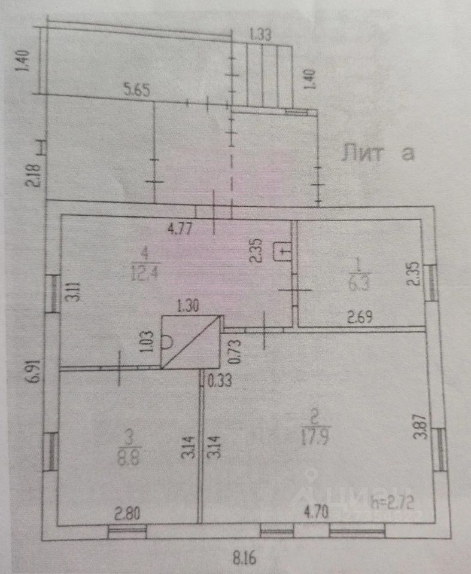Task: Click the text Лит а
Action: [x=378, y=154]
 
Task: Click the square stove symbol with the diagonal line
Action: [x=190, y=341]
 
